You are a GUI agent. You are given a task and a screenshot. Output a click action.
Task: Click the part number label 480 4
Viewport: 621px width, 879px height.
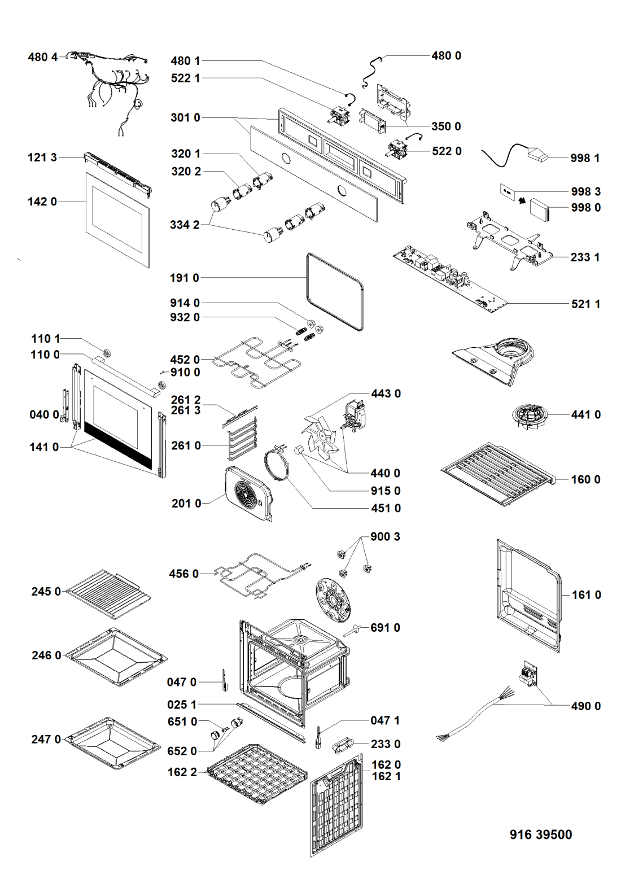point(43,57)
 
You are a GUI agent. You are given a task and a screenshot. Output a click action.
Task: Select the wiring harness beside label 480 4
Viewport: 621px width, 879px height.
point(113,85)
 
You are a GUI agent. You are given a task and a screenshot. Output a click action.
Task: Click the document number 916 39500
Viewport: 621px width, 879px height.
point(540,834)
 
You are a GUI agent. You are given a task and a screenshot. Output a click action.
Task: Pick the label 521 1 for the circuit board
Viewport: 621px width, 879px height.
point(585,304)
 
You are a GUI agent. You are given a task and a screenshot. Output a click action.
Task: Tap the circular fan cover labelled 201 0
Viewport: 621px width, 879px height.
point(248,494)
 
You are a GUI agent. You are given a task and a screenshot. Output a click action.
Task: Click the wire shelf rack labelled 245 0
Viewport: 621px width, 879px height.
point(107,593)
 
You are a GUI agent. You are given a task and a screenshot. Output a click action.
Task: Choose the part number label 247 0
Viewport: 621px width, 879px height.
point(46,739)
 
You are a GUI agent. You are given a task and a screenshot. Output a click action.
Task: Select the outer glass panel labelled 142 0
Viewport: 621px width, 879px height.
point(118,220)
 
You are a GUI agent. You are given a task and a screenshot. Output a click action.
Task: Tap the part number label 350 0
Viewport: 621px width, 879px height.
point(446,126)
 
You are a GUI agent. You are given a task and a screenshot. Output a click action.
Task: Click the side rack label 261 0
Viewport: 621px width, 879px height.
point(186,445)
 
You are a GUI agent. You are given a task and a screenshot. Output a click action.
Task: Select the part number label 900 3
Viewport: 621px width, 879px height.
point(385,536)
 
